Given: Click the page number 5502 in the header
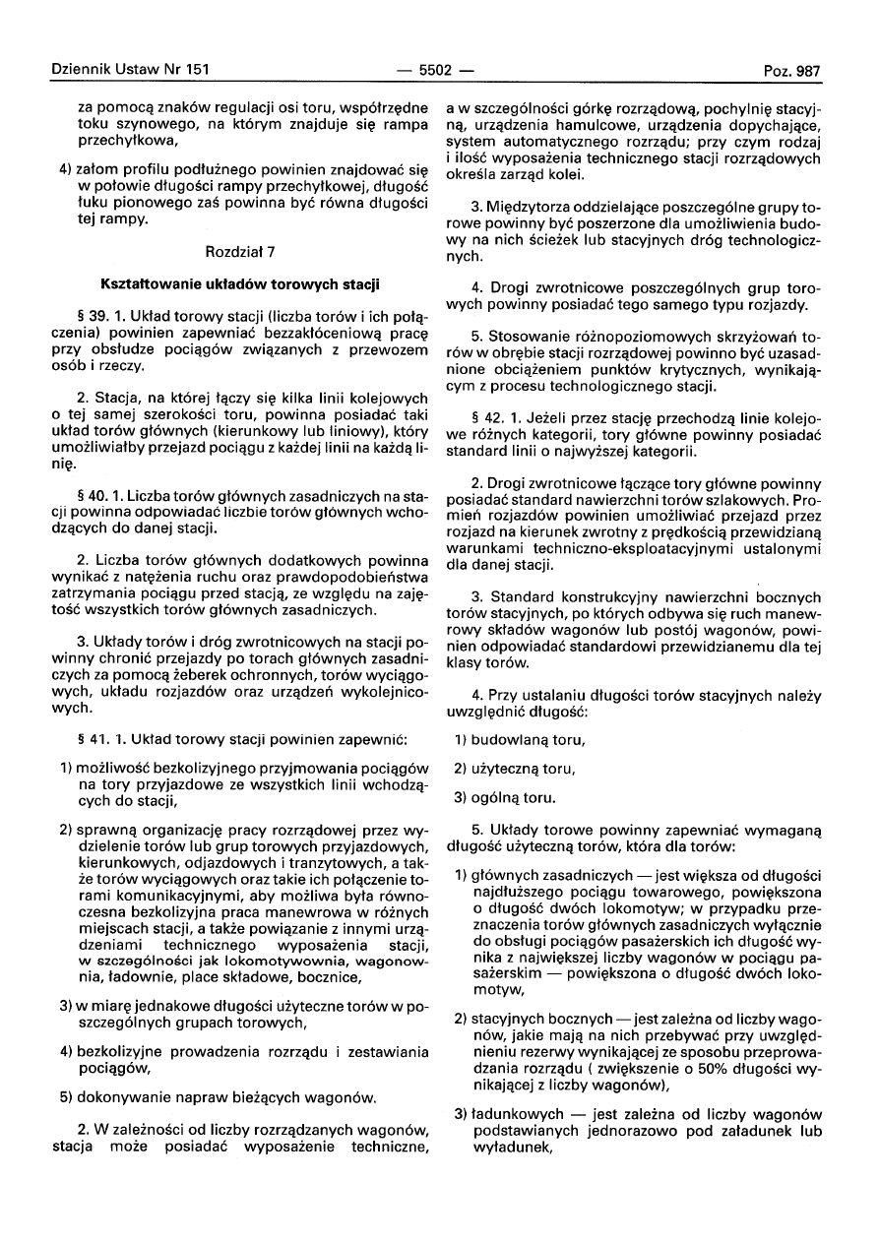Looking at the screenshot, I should pyautogui.click(x=434, y=71).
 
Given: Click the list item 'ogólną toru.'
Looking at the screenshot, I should pyautogui.click(x=513, y=796).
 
